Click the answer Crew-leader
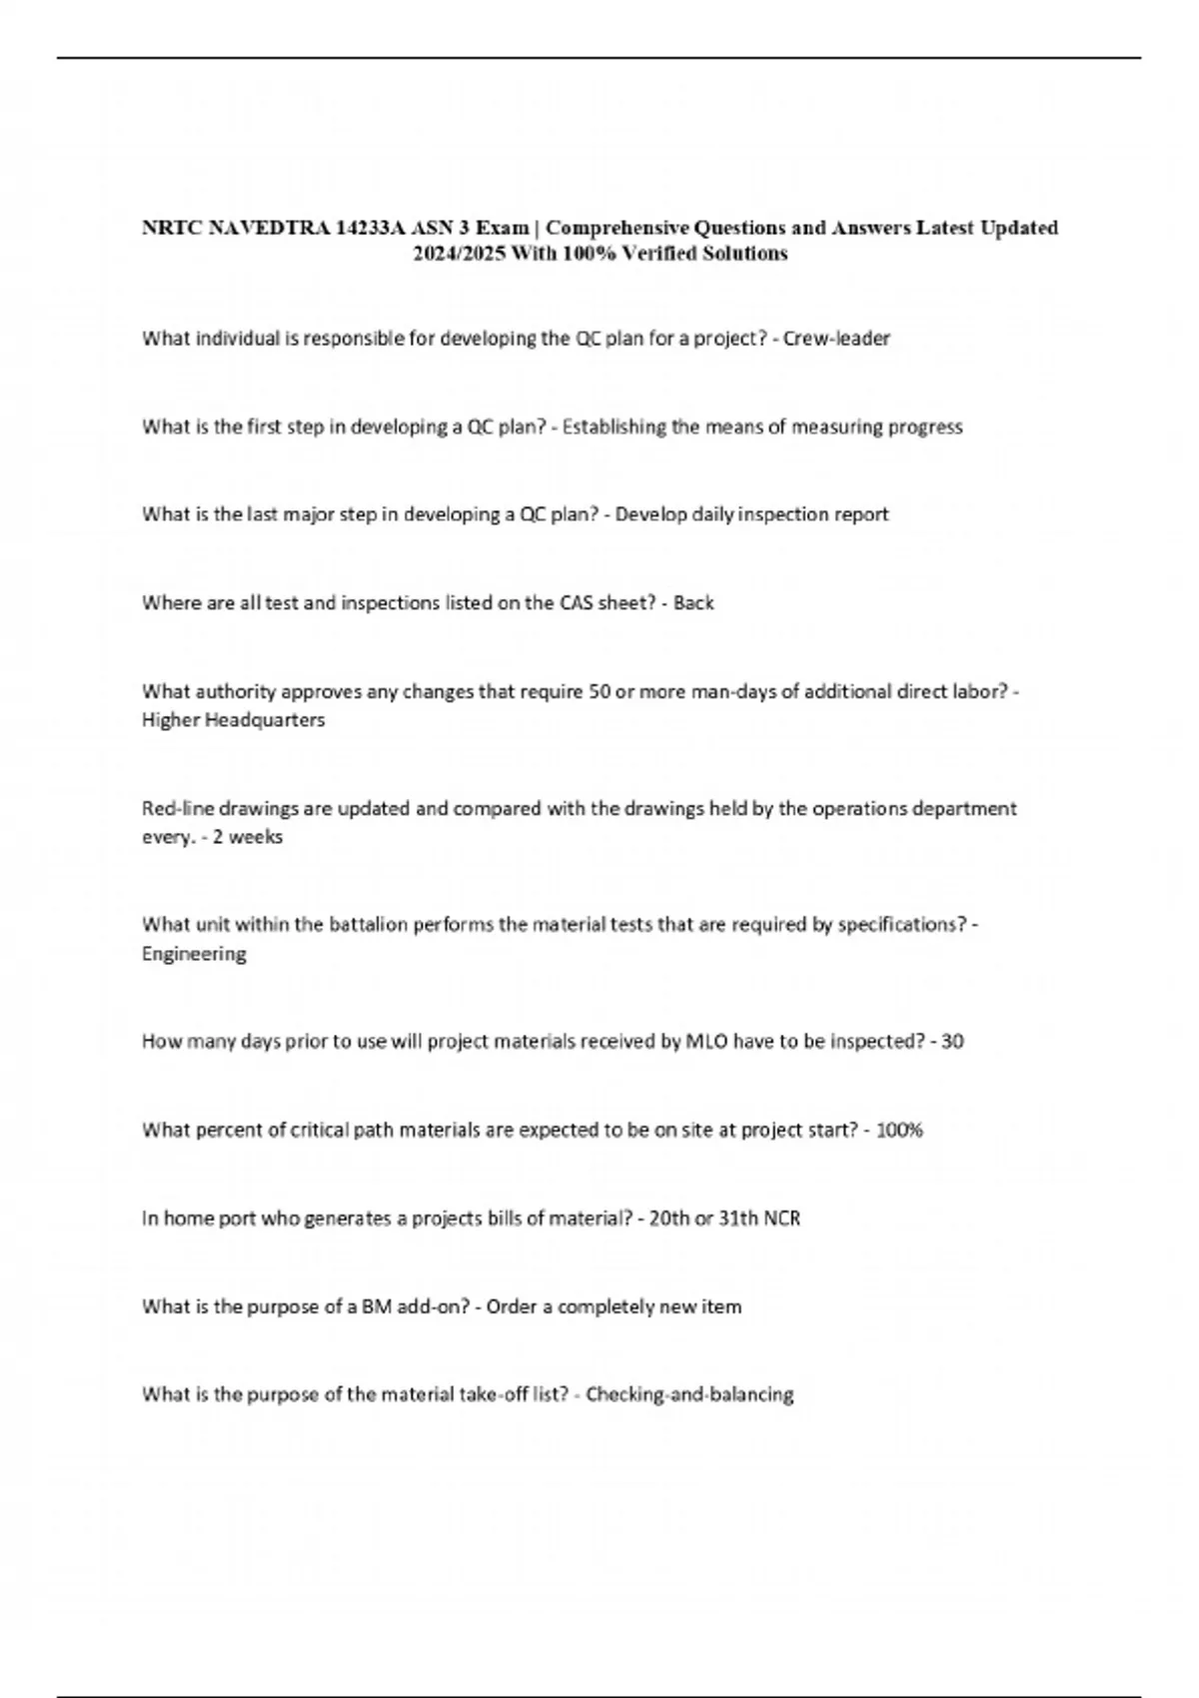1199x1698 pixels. (836, 339)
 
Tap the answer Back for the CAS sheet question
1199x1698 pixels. (693, 603)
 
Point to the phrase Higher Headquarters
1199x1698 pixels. (233, 720)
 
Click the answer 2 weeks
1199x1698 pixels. (248, 837)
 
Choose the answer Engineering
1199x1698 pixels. (194, 954)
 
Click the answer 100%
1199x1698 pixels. (899, 1131)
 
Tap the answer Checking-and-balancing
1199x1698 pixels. (689, 1395)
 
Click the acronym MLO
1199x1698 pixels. (706, 1042)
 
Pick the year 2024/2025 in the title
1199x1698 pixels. (459, 255)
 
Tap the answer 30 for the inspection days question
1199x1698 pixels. (952, 1042)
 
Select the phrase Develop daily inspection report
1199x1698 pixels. (751, 515)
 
